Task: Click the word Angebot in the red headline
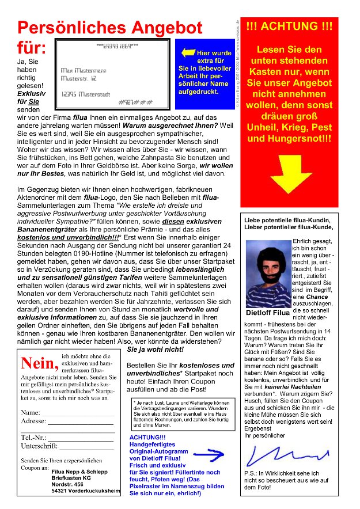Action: [167, 28]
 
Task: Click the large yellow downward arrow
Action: [289, 172]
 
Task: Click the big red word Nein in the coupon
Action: [39, 364]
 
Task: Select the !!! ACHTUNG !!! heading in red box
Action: [289, 26]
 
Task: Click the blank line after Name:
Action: [78, 413]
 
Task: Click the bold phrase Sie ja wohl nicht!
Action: [155, 350]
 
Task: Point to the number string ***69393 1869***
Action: [118, 45]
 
